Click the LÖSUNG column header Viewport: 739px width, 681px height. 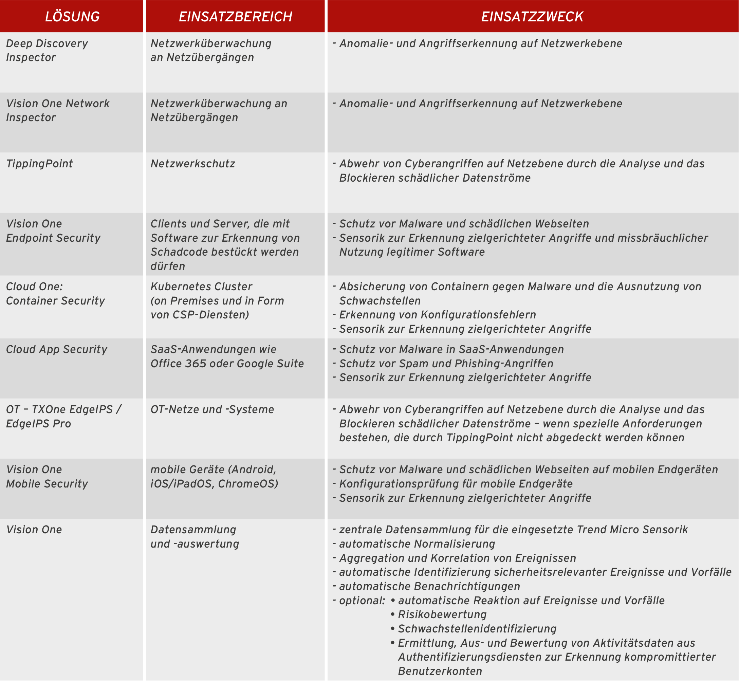tap(72, 17)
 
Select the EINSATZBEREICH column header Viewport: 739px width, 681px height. tap(235, 17)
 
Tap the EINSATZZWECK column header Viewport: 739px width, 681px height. tap(532, 17)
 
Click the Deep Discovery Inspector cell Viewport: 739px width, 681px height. tap(47, 51)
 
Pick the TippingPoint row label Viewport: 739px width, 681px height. tap(39, 164)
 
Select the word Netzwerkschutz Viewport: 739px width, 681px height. tap(193, 164)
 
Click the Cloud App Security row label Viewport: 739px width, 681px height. tap(56, 349)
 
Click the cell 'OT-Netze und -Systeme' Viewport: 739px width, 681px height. tap(212, 409)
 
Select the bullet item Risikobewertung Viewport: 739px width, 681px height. tap(442, 615)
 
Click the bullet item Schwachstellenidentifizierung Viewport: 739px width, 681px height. tap(477, 629)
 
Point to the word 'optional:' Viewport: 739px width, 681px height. tap(362, 601)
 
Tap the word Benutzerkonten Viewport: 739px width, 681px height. tap(440, 671)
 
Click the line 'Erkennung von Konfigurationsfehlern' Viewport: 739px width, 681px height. tap(437, 315)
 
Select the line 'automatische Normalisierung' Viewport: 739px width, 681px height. tap(417, 544)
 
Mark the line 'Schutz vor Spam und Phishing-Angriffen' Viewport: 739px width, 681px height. tap(446, 364)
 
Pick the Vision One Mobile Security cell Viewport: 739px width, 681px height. tap(47, 477)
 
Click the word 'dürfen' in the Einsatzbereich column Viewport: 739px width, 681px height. tap(168, 266)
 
